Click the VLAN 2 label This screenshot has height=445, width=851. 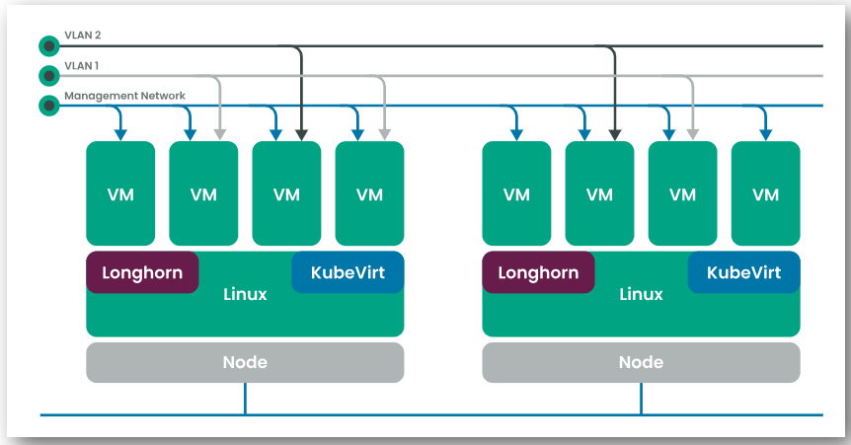[x=83, y=36]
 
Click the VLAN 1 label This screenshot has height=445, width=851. [x=81, y=66]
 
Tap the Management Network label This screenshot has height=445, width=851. [x=124, y=96]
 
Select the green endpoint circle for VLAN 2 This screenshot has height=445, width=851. [x=49, y=46]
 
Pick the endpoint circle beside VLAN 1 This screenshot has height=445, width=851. [x=49, y=75]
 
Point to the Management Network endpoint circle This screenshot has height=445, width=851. [x=49, y=106]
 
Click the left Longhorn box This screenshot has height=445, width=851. [x=142, y=272]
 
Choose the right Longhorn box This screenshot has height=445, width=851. [x=538, y=272]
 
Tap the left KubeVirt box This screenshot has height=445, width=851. [x=348, y=272]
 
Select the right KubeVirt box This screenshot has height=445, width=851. [x=744, y=272]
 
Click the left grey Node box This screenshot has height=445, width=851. [x=245, y=362]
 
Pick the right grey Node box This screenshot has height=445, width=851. [x=642, y=362]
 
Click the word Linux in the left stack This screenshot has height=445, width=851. [x=245, y=294]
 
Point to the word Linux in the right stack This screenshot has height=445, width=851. [x=642, y=294]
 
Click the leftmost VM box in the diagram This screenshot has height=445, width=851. [x=120, y=193]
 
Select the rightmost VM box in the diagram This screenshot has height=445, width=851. [x=766, y=193]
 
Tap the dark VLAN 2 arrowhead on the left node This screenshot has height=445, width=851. [x=302, y=135]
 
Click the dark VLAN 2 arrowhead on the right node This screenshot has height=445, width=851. [x=615, y=135]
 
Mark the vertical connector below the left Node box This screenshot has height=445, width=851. [x=245, y=399]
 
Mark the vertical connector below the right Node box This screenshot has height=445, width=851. [x=642, y=399]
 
